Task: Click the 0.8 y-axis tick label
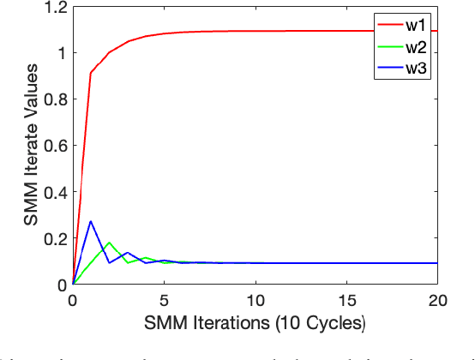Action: pos(53,100)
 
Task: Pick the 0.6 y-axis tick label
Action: pos(53,147)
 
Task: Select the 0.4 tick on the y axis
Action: pos(53,193)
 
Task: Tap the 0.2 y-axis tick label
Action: pos(53,239)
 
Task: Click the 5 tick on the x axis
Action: pos(164,302)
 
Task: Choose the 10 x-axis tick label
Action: pos(255,302)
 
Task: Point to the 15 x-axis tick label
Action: pos(346,302)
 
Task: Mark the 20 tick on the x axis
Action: pos(436,302)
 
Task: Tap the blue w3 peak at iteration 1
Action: pos(91,221)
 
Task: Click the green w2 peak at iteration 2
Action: pos(109,243)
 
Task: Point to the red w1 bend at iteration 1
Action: pos(91,74)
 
